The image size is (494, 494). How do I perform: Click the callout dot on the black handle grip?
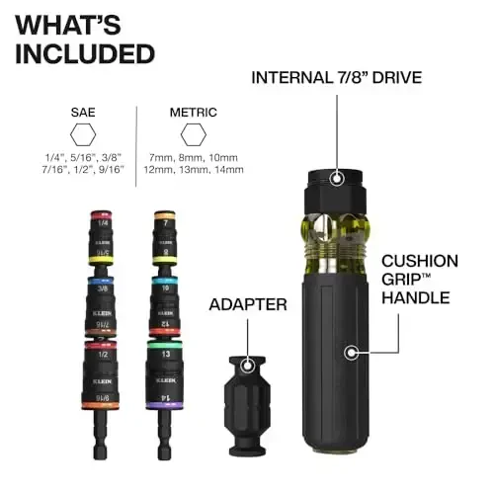348,350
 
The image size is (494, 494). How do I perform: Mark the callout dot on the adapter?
244,367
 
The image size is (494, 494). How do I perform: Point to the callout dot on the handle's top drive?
337,179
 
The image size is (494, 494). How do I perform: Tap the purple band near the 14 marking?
166,405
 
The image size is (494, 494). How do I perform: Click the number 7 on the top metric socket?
165,223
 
